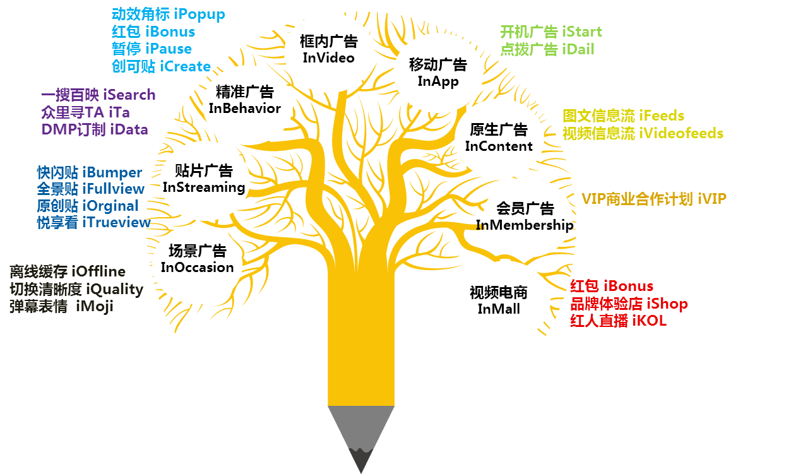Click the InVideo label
(x=328, y=58)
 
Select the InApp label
(x=438, y=81)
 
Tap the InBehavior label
(x=245, y=109)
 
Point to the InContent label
(x=499, y=146)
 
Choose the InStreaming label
(x=204, y=187)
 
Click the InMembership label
(x=525, y=225)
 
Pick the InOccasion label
(x=197, y=267)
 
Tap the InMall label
(x=499, y=309)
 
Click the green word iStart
(x=581, y=32)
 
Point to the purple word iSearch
(x=129, y=95)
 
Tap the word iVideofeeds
(x=681, y=133)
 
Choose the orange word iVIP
(x=712, y=199)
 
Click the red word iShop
(x=667, y=304)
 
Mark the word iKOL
(x=650, y=321)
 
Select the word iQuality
(x=115, y=290)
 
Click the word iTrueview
(x=117, y=222)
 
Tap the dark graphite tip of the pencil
(x=361, y=459)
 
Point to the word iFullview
(x=113, y=189)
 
